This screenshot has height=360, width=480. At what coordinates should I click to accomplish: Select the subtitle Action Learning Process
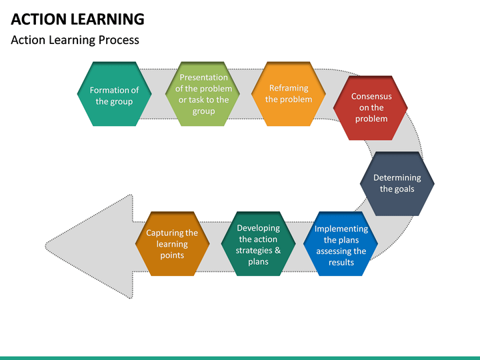[75, 40]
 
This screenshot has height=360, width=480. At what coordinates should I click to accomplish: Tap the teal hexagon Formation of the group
[114, 95]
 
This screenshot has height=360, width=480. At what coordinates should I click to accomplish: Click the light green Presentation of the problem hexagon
[203, 94]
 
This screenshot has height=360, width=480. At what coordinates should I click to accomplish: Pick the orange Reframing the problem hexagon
[288, 94]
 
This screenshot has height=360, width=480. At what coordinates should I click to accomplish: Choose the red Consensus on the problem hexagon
[371, 107]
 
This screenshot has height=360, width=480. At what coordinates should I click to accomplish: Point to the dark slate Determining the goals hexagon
[397, 183]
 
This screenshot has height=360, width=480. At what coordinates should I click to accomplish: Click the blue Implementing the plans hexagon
[341, 245]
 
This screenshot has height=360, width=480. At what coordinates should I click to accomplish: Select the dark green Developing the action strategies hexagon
[258, 244]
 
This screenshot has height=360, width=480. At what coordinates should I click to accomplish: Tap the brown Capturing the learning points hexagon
[172, 244]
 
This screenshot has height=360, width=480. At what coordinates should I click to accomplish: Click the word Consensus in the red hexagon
[371, 96]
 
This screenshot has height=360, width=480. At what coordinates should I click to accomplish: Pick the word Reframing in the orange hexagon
[289, 88]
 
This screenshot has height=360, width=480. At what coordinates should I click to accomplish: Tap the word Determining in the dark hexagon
[397, 177]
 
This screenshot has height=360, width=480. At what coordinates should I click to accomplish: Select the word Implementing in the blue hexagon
[341, 229]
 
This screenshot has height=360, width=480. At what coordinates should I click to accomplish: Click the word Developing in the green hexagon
[258, 228]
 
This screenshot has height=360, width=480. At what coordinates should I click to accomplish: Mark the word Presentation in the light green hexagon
[203, 77]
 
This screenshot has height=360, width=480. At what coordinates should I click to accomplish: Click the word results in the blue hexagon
[341, 262]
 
